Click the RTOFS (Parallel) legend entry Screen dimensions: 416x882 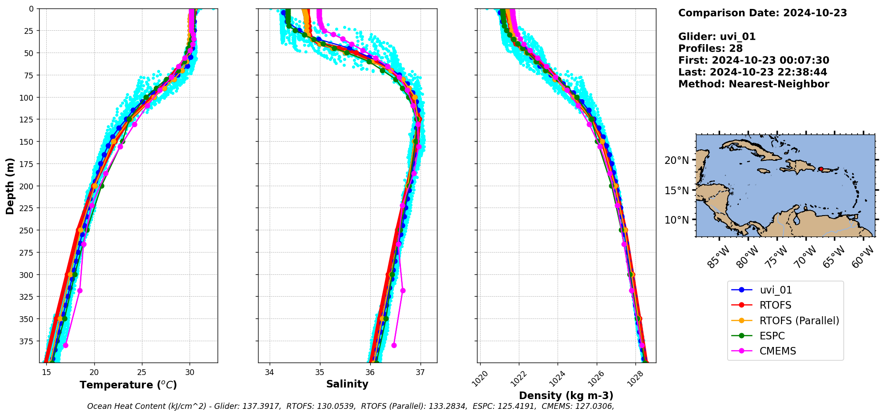[799, 321]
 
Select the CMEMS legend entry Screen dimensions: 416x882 [777, 351]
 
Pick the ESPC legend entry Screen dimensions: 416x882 [772, 336]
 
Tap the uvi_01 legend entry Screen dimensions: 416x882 [776, 290]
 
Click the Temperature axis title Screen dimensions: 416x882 [128, 385]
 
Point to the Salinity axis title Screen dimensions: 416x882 [347, 384]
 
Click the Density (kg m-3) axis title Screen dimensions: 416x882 [566, 396]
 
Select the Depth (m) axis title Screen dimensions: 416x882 [10, 186]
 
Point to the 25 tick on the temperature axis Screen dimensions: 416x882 [142, 373]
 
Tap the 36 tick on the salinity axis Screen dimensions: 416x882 [370, 373]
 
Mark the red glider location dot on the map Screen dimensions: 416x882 [821, 169]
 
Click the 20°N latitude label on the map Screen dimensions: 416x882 [676, 160]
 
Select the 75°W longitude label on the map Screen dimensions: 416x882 [775, 257]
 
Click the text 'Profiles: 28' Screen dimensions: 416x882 [710, 49]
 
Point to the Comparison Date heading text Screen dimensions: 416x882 [762, 13]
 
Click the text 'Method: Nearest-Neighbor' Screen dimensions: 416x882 [753, 84]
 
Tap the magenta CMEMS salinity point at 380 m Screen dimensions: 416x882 [394, 345]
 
